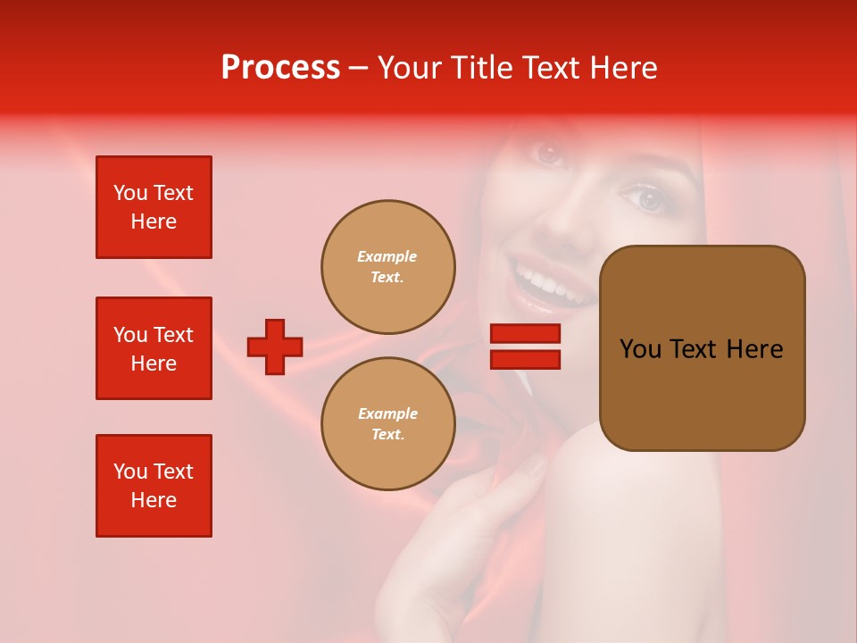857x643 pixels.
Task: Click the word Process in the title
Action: (x=280, y=68)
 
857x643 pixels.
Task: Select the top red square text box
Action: (x=154, y=207)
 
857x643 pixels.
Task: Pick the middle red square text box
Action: (x=154, y=348)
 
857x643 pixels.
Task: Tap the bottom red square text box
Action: (x=154, y=486)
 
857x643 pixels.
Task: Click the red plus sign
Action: (x=275, y=347)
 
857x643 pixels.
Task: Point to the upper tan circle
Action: (x=387, y=267)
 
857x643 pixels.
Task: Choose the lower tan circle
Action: (x=387, y=424)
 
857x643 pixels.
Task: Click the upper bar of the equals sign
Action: (x=525, y=333)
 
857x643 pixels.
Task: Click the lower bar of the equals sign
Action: (x=525, y=359)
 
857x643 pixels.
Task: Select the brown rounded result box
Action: (x=702, y=348)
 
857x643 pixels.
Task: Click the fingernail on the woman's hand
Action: (x=534, y=465)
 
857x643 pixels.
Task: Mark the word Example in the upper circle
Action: (x=387, y=256)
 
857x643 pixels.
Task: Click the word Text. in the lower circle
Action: (x=387, y=434)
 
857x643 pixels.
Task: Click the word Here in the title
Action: (x=622, y=68)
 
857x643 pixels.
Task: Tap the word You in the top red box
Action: (x=129, y=193)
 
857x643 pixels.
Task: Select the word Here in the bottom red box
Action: (x=154, y=500)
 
